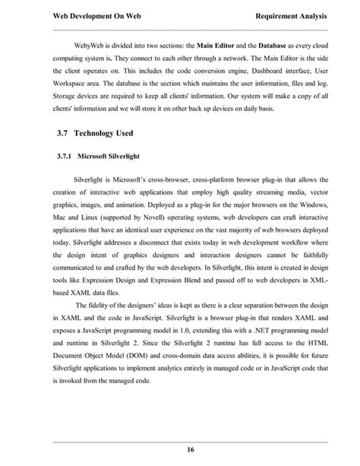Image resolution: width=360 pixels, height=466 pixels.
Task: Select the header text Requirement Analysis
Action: point(289,14)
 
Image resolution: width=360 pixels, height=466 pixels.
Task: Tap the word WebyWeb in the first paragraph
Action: point(90,44)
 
